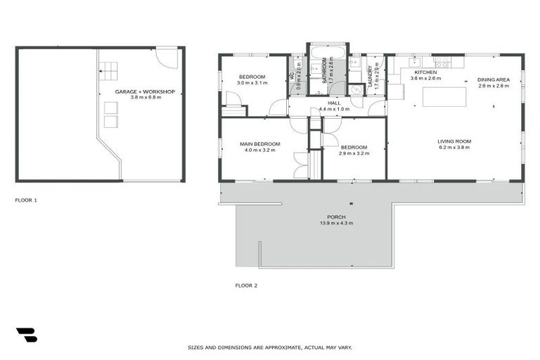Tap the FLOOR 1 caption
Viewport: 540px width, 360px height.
coord(26,200)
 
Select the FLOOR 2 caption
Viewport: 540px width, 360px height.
coord(246,285)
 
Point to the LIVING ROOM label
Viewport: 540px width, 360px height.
coord(454,141)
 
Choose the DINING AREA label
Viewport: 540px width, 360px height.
coord(493,79)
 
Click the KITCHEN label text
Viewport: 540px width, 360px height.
coord(425,72)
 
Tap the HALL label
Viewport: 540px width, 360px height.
coord(334,103)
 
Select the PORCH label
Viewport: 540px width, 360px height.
coord(336,217)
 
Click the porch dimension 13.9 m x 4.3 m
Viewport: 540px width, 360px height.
coord(336,223)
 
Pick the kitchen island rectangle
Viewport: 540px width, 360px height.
coord(444,96)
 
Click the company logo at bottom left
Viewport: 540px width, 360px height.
coord(26,335)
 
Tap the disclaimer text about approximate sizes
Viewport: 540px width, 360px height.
coord(270,347)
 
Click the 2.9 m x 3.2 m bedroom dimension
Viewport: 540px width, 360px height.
coord(354,153)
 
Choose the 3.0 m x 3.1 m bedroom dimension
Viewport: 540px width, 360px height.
coord(252,83)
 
